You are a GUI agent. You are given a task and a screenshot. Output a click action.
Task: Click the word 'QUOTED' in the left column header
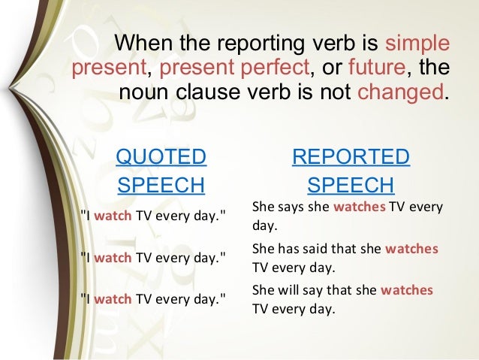coord(161,157)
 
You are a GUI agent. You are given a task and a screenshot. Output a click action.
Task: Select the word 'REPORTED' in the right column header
coord(351,157)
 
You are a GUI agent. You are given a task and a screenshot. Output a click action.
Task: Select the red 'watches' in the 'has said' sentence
coord(411,249)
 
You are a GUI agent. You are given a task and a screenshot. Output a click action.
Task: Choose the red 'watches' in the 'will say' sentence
coord(406,290)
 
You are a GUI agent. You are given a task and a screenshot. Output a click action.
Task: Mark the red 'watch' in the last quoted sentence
coord(113,298)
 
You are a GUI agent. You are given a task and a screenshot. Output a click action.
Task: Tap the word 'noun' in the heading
coord(142,95)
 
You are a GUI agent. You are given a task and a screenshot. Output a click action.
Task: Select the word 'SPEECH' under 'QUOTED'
coord(161,185)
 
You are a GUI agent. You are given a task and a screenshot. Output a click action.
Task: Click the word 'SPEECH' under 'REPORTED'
coord(351,185)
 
